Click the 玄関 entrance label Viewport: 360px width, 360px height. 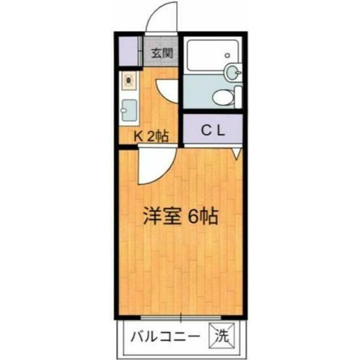pyautogui.click(x=162, y=53)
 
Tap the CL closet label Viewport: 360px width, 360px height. pyautogui.click(x=213, y=131)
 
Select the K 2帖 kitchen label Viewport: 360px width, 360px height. pyautogui.click(x=151, y=137)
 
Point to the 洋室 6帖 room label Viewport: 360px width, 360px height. pyautogui.click(x=181, y=216)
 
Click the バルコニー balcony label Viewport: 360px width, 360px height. pyautogui.click(x=165, y=337)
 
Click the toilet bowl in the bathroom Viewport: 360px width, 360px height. pyautogui.click(x=223, y=97)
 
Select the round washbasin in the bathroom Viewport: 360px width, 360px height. pyautogui.click(x=233, y=71)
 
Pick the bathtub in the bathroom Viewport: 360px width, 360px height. pyautogui.click(x=213, y=55)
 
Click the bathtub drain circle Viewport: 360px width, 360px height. pyautogui.click(x=227, y=55)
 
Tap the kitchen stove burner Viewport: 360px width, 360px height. pyautogui.click(x=129, y=80)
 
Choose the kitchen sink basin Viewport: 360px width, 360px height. pyautogui.click(x=129, y=110)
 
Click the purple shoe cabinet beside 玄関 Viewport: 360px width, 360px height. pyautogui.click(x=129, y=51)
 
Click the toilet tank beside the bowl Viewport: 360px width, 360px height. pyautogui.click(x=238, y=97)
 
